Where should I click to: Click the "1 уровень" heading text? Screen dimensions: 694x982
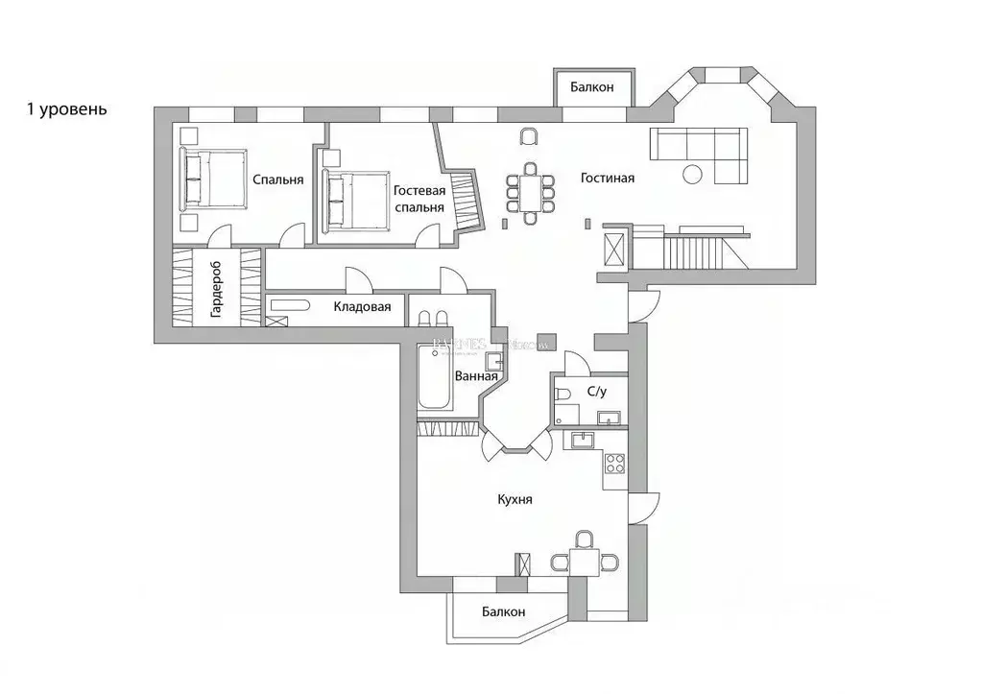[x=67, y=108]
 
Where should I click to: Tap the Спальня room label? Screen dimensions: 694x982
[x=278, y=179]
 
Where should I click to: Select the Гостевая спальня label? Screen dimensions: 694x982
[x=419, y=199]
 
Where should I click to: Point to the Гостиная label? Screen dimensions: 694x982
[x=607, y=179]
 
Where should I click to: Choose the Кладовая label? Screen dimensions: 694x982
[x=362, y=307]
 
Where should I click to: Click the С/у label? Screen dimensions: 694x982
[x=596, y=392]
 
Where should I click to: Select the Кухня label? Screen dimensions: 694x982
[x=515, y=500]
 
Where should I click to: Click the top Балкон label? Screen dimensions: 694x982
[x=591, y=87]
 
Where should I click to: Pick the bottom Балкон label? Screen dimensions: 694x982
[x=504, y=611]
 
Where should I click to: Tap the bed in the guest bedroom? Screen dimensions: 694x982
[x=356, y=200]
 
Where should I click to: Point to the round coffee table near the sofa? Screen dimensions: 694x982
[x=692, y=174]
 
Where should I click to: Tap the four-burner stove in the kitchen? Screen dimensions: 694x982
[x=614, y=467]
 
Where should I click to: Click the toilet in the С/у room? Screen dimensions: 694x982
[x=564, y=393]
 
